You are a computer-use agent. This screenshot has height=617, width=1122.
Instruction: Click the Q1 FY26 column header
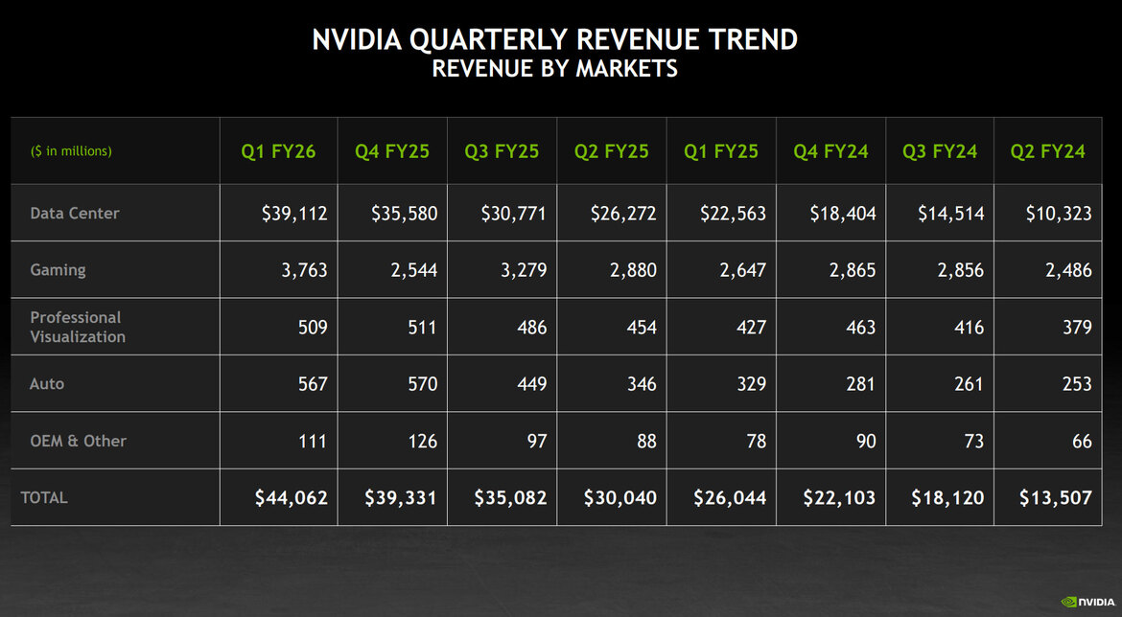coord(278,151)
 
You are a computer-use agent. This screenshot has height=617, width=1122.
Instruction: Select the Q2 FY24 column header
coord(1047,151)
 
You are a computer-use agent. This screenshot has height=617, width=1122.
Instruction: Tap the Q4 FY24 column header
coord(830,151)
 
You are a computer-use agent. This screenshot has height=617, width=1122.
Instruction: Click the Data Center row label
coord(75,213)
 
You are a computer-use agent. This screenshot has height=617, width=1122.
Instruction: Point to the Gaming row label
coord(58,270)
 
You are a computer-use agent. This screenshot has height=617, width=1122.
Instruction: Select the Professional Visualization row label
coord(78,327)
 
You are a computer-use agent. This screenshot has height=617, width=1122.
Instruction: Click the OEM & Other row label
coord(78,441)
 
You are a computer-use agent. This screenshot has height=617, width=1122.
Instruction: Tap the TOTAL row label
coord(44,497)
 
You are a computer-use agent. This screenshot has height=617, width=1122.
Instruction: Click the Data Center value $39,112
coord(293,214)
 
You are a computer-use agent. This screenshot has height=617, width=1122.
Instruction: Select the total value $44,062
coord(291,498)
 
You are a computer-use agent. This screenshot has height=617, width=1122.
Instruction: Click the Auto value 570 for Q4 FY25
coord(422,384)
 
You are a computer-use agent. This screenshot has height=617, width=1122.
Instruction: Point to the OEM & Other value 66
coord(1081,442)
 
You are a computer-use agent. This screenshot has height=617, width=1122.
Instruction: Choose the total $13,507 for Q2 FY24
coord(1055,498)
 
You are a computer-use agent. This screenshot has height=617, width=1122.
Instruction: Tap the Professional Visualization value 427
coord(751,328)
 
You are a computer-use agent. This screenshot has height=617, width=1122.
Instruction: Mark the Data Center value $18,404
coord(842,214)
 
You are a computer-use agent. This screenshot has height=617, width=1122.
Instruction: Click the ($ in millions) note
coord(71,151)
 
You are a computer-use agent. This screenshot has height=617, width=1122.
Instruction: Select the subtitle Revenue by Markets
coord(554,69)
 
